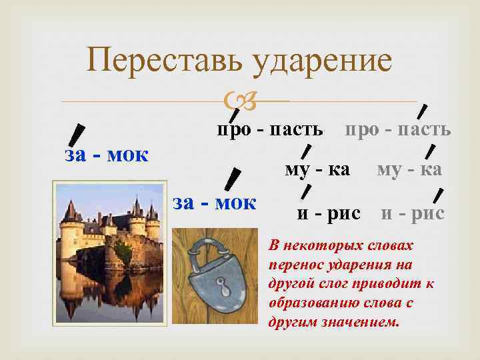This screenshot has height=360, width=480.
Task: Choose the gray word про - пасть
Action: pyautogui.click(x=397, y=128)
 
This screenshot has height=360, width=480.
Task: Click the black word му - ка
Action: pyautogui.click(x=317, y=170)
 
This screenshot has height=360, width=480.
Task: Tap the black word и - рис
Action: pyautogui.click(x=329, y=213)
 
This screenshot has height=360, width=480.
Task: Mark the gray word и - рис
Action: pyautogui.click(x=413, y=213)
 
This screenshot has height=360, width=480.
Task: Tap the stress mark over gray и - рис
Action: pyautogui.click(x=438, y=195)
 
